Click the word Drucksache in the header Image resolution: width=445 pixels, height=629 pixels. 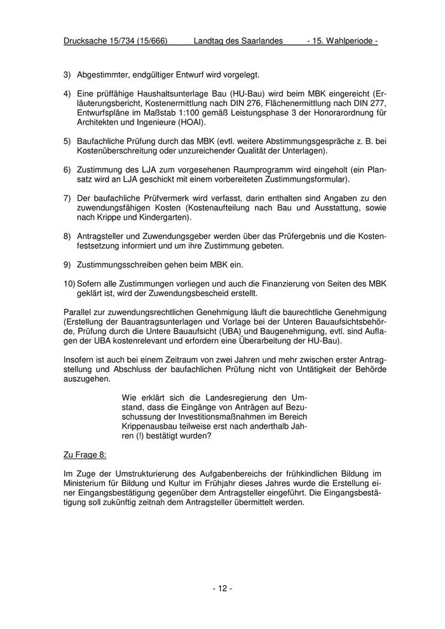[88, 41]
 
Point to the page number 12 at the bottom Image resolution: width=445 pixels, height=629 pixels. [222, 588]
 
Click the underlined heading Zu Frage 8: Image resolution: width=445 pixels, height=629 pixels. [85, 455]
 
